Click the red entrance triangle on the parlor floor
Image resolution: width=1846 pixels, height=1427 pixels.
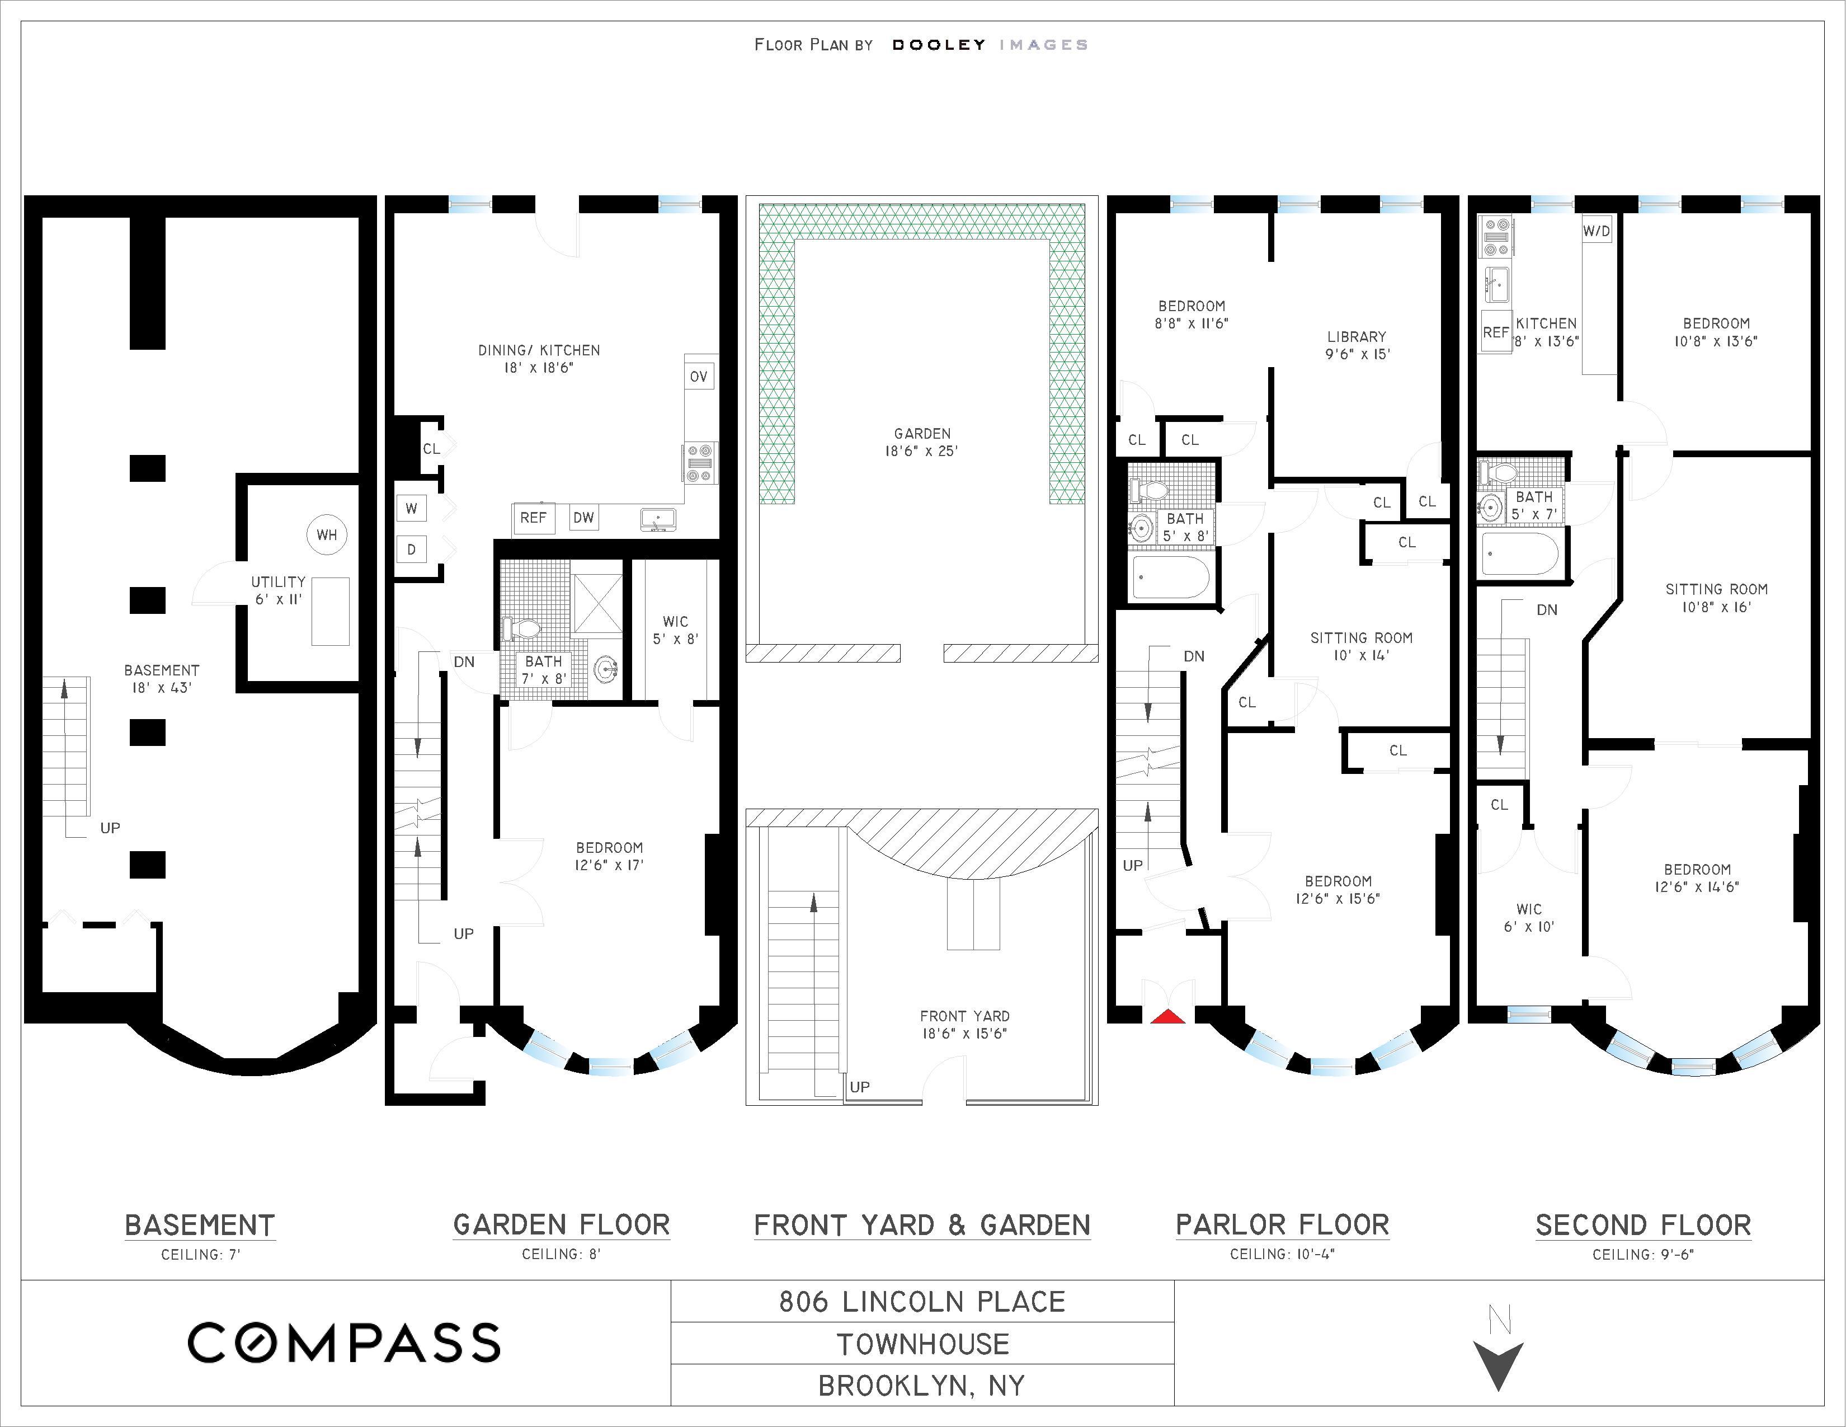1167,1016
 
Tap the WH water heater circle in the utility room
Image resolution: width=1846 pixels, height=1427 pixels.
326,534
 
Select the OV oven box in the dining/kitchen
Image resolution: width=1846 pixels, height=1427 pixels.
698,376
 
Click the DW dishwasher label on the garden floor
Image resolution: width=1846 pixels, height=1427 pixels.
584,518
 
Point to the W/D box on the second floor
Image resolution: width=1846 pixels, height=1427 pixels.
1597,231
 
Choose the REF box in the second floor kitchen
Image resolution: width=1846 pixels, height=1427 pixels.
1496,332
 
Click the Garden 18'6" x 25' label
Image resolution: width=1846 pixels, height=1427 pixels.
922,442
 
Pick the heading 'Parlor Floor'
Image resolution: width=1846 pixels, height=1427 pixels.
1282,1225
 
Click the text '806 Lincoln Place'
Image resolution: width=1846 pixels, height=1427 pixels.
922,1302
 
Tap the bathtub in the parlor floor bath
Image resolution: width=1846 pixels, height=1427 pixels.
1171,578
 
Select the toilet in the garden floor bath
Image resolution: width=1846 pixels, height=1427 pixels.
521,628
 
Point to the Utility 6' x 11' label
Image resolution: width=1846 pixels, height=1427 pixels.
278,590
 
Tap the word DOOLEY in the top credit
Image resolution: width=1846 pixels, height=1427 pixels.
939,45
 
